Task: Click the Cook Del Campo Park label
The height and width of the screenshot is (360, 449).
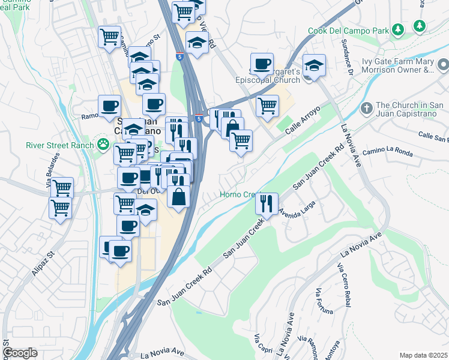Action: [348, 31]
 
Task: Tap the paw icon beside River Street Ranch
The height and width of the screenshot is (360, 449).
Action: [104, 145]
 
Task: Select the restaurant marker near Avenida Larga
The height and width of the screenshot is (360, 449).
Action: [267, 203]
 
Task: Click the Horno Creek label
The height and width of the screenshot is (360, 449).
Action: [238, 195]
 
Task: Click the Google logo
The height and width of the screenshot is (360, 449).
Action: [20, 353]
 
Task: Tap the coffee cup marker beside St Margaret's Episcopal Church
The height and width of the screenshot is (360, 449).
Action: [261, 63]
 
